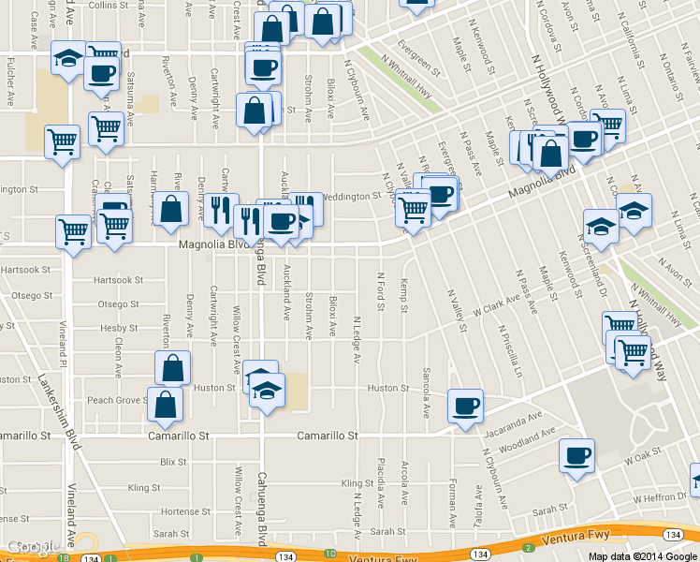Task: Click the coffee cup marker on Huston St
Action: point(465,407)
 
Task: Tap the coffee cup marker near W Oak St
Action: point(576,455)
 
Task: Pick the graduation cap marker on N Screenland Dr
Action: point(600,226)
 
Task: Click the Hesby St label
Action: point(119,328)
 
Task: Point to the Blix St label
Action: point(174,462)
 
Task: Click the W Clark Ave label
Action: point(495,305)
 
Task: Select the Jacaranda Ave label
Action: point(515,424)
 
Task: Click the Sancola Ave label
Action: point(426,392)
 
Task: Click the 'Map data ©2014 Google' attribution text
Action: point(641,556)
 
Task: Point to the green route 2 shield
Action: point(529,547)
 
